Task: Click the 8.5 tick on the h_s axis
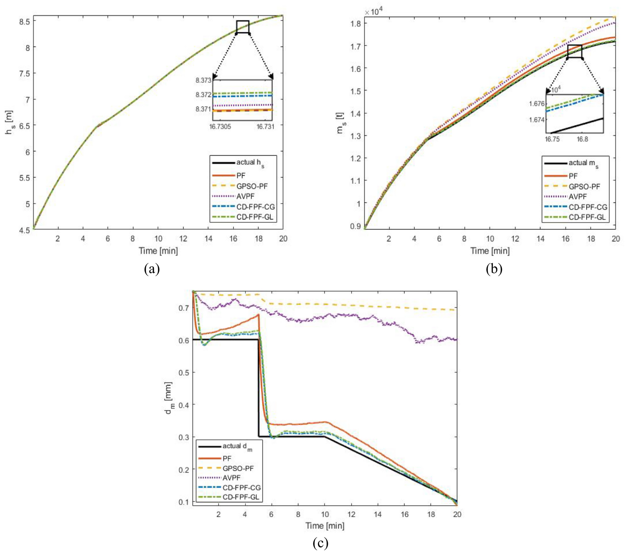[24, 21]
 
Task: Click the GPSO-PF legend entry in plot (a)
[252, 186]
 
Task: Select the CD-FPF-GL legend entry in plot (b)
[587, 217]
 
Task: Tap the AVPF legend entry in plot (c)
[231, 478]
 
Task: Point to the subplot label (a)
[152, 269]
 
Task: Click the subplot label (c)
[320, 543]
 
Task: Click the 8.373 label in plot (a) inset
[203, 81]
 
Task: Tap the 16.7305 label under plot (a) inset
[220, 127]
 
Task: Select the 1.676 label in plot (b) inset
[536, 104]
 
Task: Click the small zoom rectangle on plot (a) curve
[243, 27]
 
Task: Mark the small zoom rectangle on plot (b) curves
[574, 51]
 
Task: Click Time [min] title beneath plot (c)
[325, 526]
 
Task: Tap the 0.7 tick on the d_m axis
[183, 307]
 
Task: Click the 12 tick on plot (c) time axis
[351, 514]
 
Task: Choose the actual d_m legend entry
[237, 446]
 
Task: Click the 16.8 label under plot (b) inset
[582, 139]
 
